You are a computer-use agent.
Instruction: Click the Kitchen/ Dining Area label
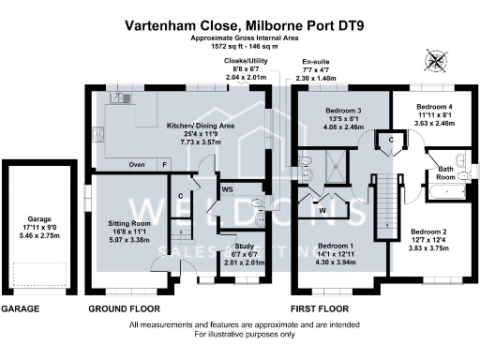tap(200, 125)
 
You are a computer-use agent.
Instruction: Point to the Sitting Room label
tap(129, 224)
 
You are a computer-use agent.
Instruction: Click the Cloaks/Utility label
tap(244, 61)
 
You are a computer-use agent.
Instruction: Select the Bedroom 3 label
tap(345, 111)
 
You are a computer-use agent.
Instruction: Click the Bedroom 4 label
tap(434, 108)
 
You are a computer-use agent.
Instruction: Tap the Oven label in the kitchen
tap(137, 165)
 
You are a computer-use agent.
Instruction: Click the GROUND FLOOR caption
tap(124, 308)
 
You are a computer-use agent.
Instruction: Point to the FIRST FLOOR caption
tap(319, 308)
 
